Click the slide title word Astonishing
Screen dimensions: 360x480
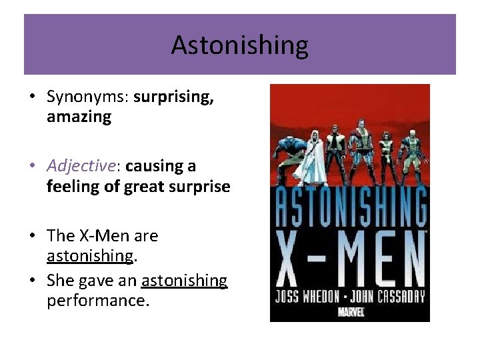(x=240, y=45)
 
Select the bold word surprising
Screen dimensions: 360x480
(x=173, y=97)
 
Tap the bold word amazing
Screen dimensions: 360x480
(x=79, y=117)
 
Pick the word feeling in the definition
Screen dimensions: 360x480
(x=72, y=186)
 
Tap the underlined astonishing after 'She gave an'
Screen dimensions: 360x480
(x=184, y=281)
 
